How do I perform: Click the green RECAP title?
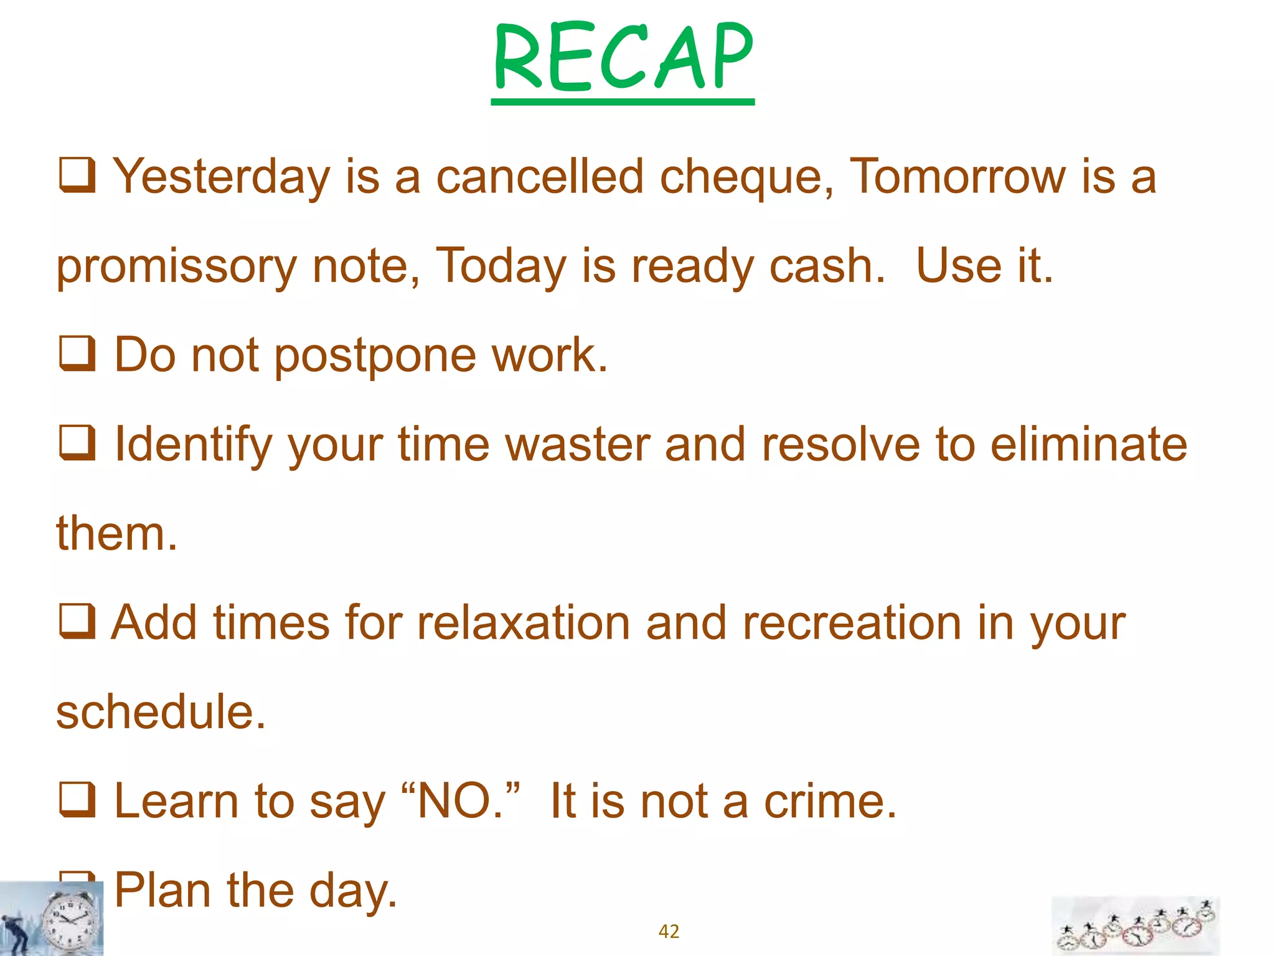[623, 57]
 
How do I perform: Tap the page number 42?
[669, 931]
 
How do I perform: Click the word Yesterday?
[221, 177]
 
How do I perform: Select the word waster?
[577, 446]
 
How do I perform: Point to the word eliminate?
[1089, 446]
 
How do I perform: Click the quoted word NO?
[458, 802]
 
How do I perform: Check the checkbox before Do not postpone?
[77, 354]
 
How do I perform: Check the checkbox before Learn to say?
[77, 799]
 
